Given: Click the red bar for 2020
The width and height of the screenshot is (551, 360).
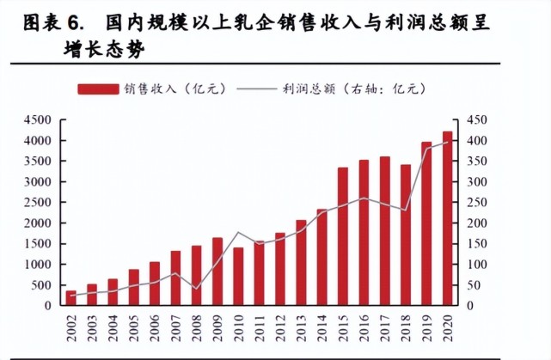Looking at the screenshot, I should coord(448,218).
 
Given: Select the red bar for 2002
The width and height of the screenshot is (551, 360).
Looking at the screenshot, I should coord(70,297).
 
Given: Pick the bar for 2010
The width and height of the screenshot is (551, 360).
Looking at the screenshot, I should coord(238,276).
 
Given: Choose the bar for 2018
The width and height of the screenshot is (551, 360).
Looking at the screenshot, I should coord(406,235).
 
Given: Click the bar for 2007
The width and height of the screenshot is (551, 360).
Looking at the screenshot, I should coord(175,278).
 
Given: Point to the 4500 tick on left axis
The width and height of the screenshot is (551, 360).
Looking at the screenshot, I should coord(39,119).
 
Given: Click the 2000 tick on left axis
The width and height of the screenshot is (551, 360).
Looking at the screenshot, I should coord(39,223).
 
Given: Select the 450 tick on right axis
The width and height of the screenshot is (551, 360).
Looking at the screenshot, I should coord(477,119).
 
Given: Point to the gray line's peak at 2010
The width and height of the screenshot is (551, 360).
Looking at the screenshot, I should coord(238,233).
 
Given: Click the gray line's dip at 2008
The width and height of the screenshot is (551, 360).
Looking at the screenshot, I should coord(197,289).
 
